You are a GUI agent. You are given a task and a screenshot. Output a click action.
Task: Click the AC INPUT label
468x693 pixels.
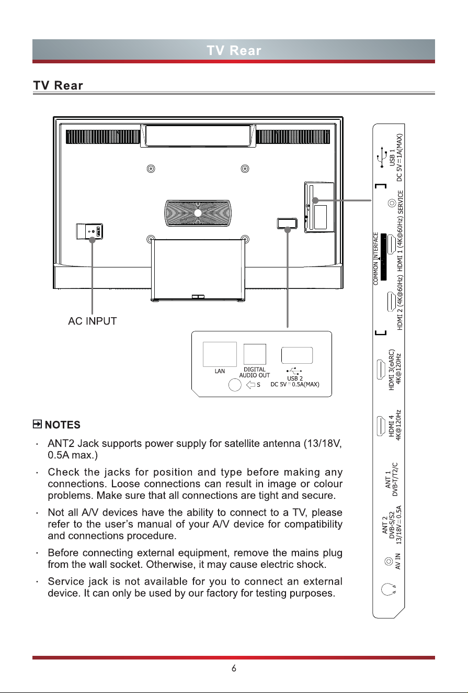point(93,321)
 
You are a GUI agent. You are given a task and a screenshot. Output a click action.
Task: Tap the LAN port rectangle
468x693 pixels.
point(220,354)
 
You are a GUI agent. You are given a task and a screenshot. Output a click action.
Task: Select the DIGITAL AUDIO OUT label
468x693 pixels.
point(255,372)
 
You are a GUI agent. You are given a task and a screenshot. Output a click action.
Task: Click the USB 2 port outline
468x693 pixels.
point(297,355)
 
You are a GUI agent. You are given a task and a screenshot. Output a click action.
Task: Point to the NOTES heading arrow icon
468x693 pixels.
point(37,424)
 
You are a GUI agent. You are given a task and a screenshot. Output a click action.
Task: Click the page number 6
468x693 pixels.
point(234,668)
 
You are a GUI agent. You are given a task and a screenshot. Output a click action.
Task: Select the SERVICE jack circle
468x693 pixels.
point(392,203)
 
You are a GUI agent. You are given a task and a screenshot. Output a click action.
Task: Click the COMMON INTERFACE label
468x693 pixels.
point(375,259)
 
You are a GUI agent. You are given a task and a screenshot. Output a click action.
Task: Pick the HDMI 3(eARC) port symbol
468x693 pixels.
point(381,370)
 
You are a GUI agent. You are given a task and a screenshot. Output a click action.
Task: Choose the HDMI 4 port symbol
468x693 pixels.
point(381,426)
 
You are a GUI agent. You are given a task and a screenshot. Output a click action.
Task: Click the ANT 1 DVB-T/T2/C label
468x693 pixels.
point(391,479)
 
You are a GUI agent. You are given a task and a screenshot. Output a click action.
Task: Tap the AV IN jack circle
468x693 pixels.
point(388,561)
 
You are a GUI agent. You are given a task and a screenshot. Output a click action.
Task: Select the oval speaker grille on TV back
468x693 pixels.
point(198,213)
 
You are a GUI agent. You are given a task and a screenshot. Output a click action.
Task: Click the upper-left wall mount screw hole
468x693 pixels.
point(151,169)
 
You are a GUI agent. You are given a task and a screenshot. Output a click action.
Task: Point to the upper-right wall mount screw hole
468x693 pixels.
point(245,169)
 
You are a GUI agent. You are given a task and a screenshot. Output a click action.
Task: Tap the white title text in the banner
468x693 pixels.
point(234,50)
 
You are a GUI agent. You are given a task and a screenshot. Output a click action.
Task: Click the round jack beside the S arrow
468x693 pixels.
point(235,385)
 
